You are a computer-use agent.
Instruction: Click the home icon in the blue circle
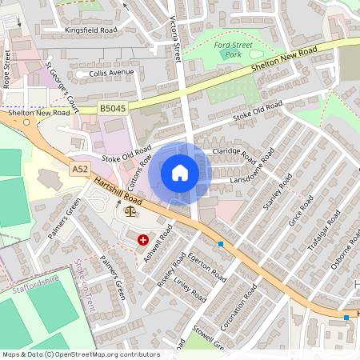[180, 173]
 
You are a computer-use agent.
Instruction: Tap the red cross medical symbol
[143, 239]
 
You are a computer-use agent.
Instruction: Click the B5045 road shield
[113, 106]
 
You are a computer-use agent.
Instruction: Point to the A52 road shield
[79, 169]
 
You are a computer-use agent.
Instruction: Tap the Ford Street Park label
[232, 51]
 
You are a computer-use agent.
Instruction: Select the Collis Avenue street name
[111, 72]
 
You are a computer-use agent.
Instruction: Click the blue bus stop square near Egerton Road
[221, 243]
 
